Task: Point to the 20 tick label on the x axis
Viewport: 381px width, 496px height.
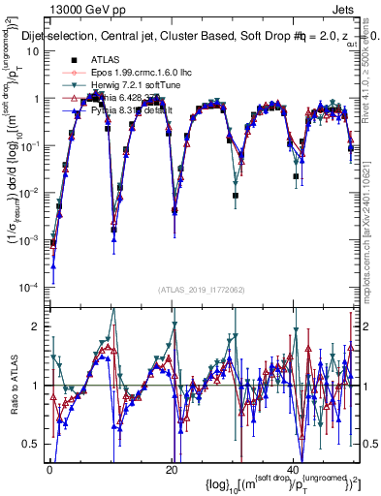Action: click(171, 470)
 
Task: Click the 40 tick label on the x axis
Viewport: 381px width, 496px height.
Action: click(293, 470)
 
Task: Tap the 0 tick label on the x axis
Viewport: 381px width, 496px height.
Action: click(48, 470)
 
